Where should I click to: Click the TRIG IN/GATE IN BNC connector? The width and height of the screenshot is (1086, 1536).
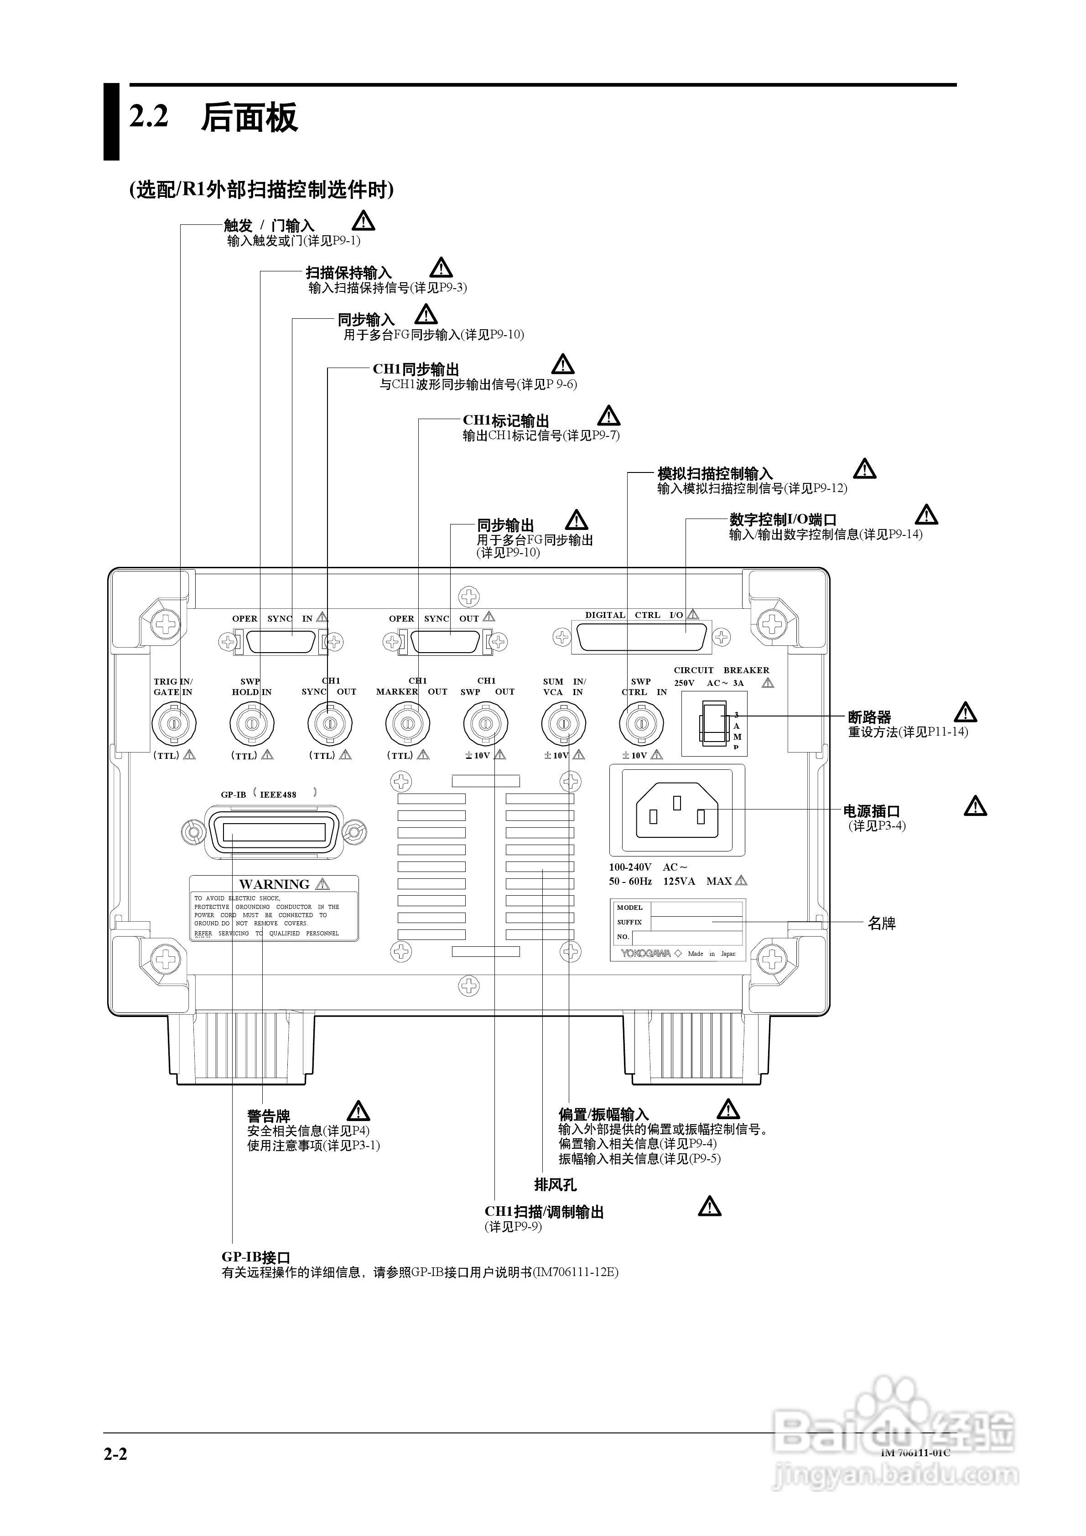(173, 723)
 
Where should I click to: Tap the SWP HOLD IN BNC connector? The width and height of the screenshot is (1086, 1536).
(252, 723)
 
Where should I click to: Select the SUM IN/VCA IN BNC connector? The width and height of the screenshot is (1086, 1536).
(563, 723)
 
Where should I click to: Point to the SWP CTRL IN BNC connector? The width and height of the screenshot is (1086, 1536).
(641, 723)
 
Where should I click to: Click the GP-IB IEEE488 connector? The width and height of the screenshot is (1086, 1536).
(274, 831)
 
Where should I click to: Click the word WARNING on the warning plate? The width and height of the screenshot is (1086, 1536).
(274, 884)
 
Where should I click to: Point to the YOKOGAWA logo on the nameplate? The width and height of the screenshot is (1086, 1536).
(646, 953)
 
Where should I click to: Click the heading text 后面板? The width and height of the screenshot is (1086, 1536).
(249, 118)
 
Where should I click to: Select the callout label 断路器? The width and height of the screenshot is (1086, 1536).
(869, 717)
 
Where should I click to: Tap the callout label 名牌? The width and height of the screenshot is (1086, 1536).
(881, 923)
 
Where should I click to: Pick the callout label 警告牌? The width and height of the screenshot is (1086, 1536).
(268, 1116)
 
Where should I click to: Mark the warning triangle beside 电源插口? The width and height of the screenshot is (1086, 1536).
(975, 806)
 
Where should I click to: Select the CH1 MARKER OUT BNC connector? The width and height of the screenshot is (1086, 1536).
(407, 723)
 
